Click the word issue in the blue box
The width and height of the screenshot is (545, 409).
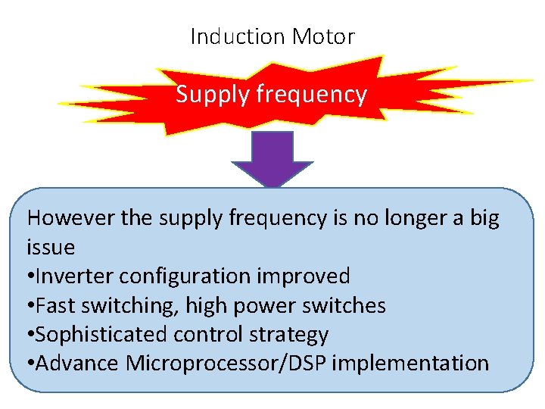[51, 248]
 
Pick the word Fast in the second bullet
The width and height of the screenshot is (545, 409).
[53, 306]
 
